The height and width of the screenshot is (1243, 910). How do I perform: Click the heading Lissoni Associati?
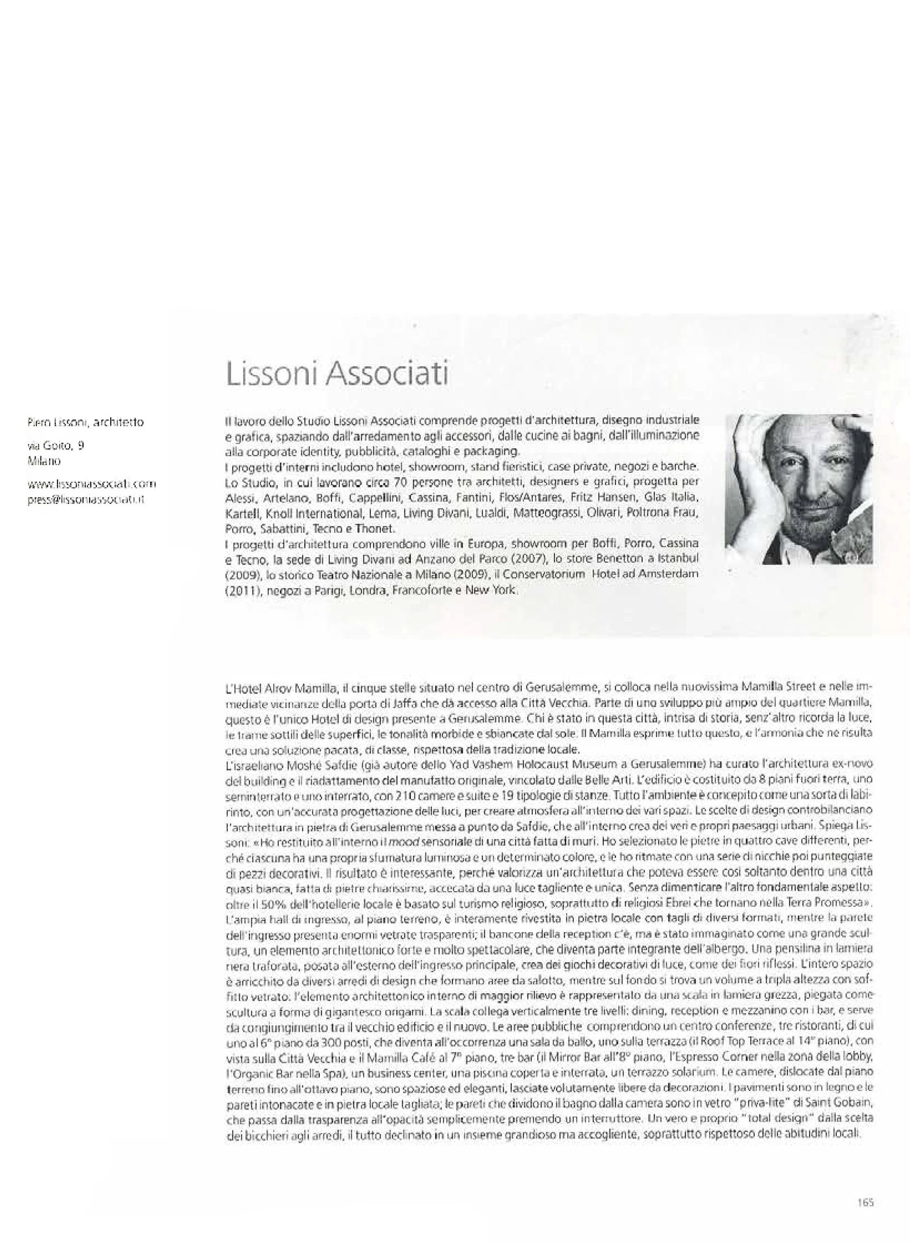(x=337, y=375)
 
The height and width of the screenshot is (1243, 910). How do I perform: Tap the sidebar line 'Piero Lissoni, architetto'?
(x=86, y=422)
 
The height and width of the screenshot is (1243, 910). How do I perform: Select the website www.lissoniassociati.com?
(x=91, y=484)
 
